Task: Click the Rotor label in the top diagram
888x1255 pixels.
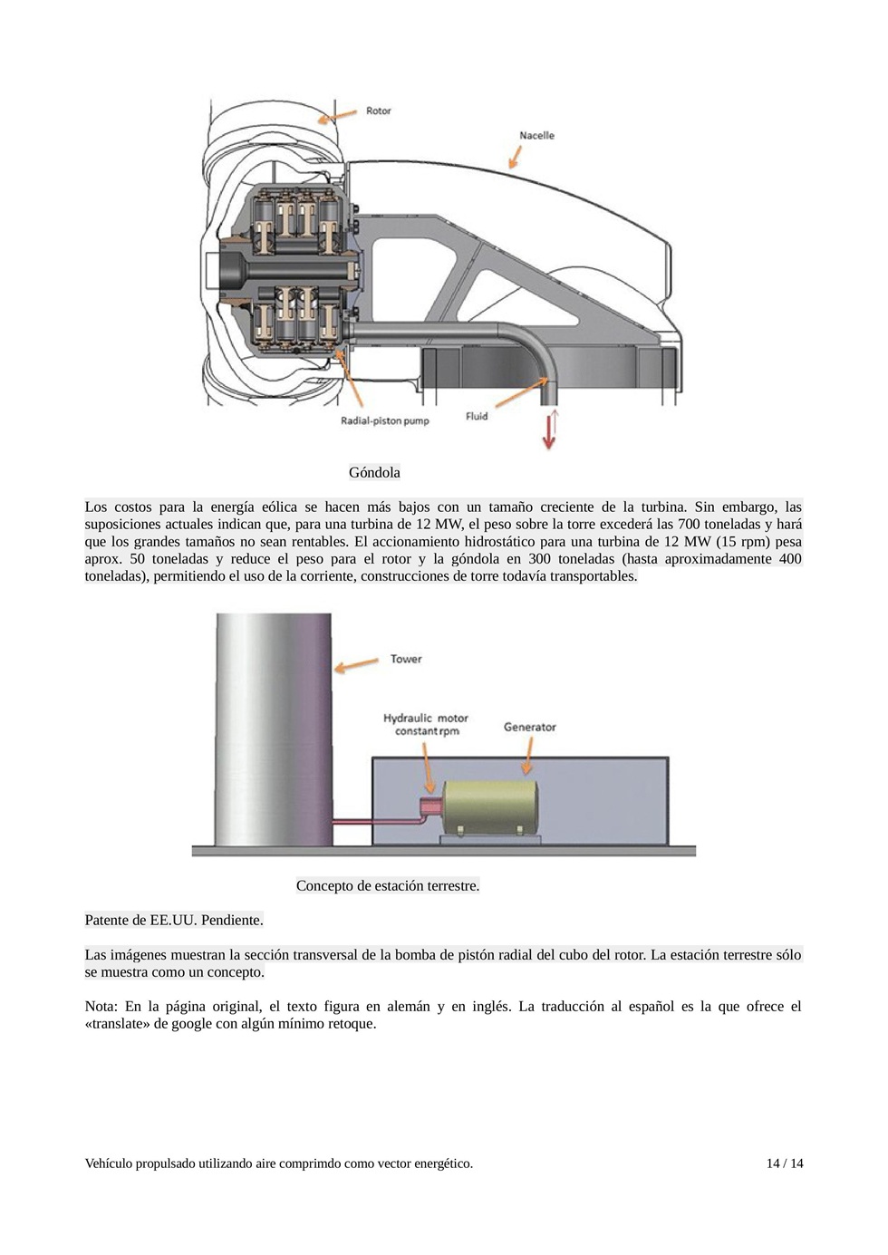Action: coord(378,111)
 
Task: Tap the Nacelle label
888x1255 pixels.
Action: coord(536,135)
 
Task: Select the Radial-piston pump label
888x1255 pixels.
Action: coord(384,420)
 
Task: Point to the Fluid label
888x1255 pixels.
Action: coord(477,416)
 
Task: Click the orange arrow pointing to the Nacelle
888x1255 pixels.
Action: coord(516,155)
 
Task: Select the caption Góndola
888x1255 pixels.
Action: coord(374,472)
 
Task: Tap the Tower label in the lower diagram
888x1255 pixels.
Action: coord(406,659)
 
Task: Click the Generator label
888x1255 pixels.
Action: coord(529,727)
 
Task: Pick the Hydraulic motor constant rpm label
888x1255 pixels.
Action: coord(425,724)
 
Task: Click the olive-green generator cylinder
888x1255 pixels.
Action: coord(489,806)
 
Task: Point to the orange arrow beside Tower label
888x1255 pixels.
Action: coord(356,664)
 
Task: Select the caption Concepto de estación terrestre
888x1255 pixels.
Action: coord(388,885)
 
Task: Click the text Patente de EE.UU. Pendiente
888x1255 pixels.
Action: coord(174,920)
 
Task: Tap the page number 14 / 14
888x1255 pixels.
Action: coord(784,1163)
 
